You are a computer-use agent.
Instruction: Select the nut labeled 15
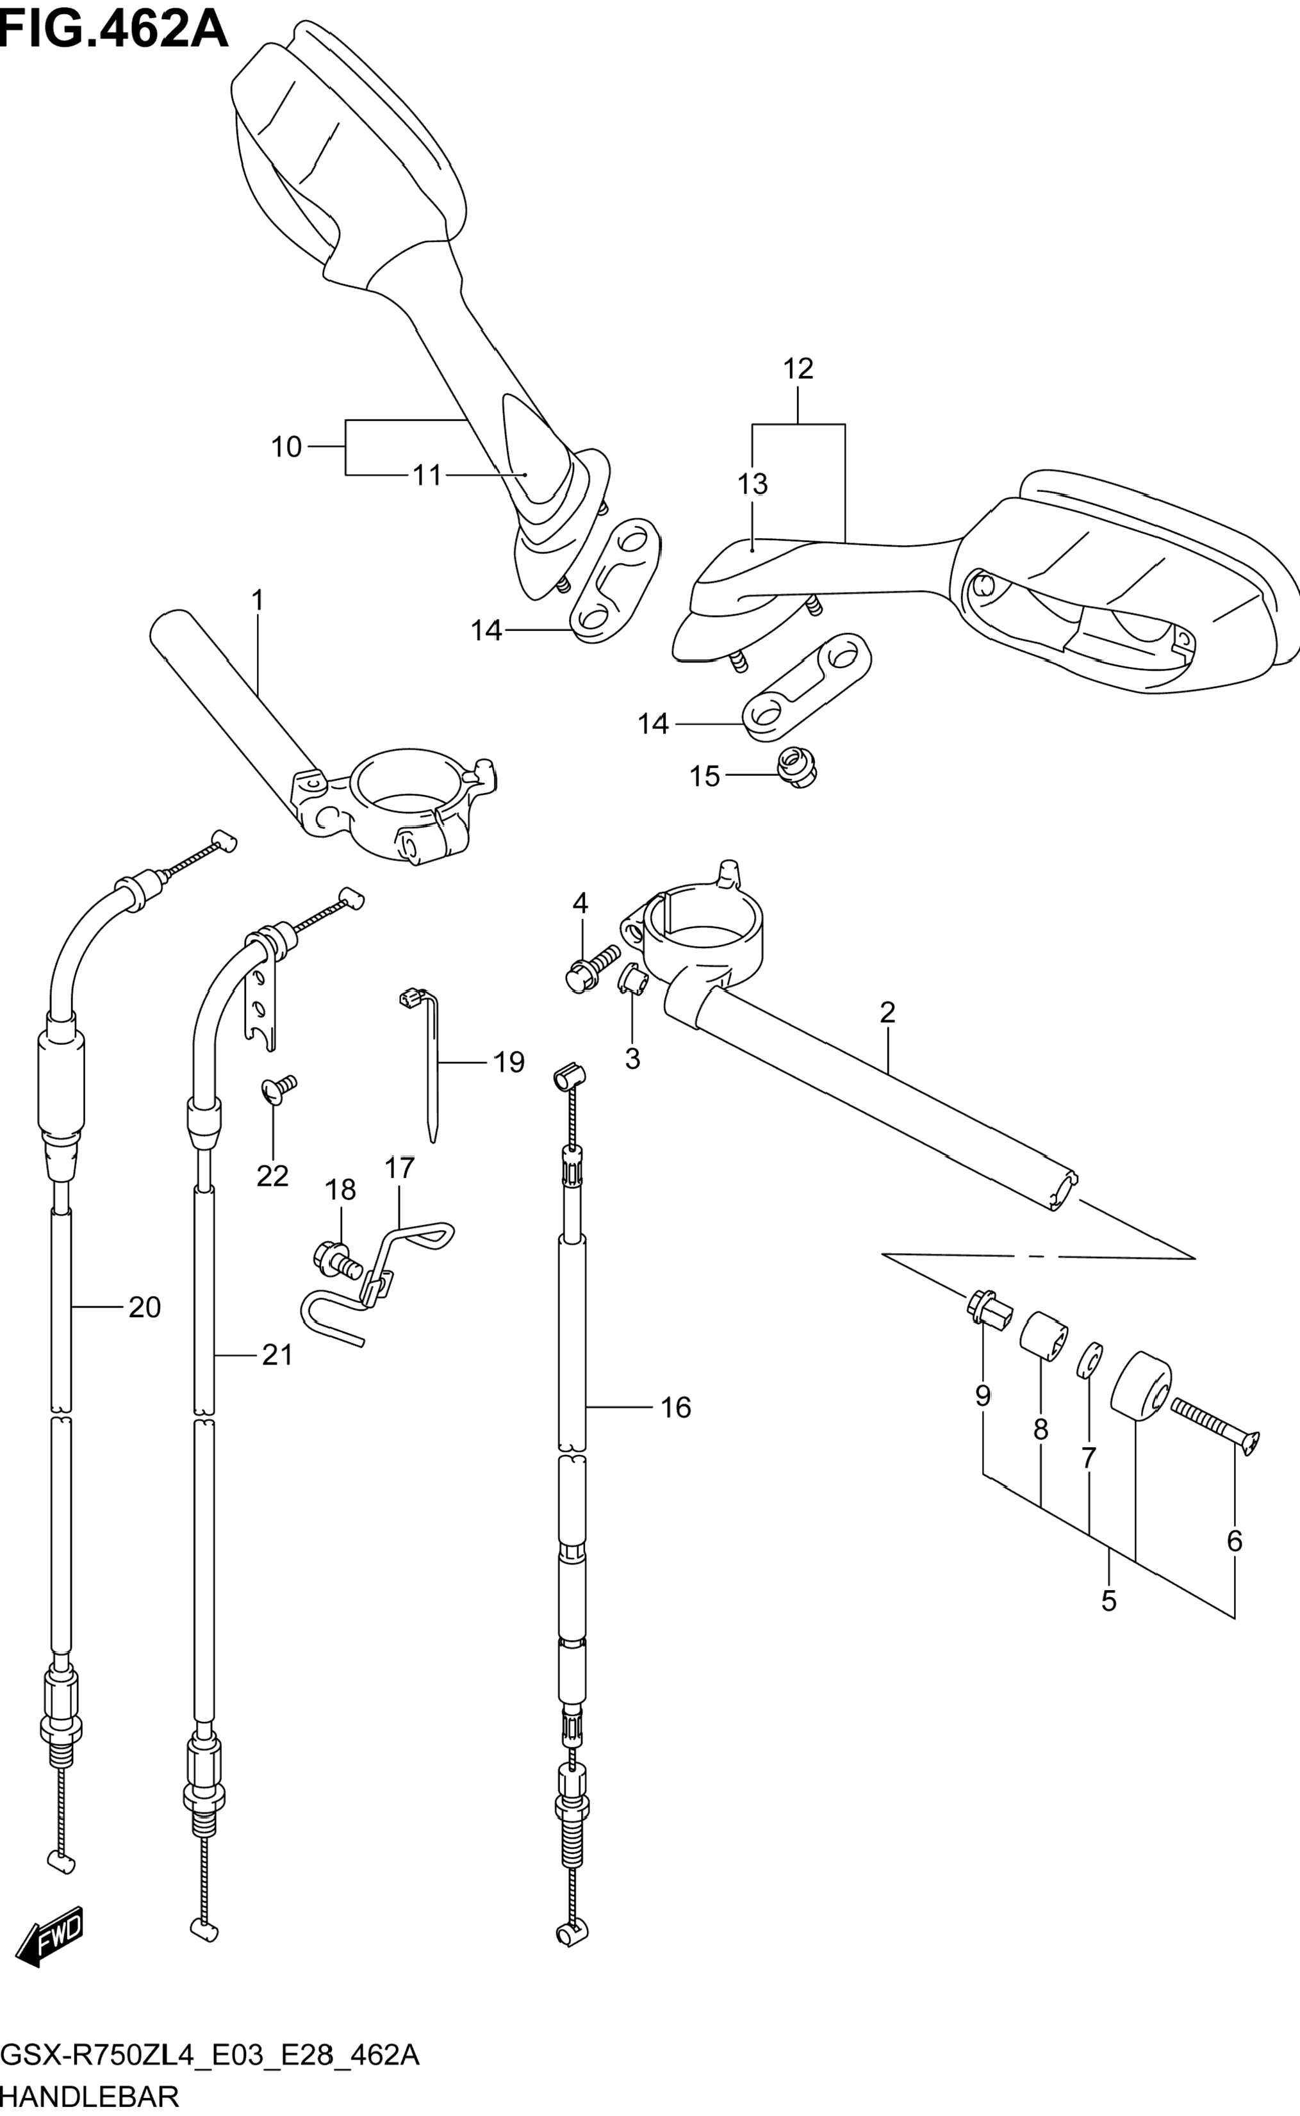pos(796,767)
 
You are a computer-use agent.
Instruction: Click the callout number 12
pos(798,369)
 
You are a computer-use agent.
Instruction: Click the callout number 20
pos(144,1308)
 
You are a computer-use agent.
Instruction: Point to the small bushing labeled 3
pos(632,979)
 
